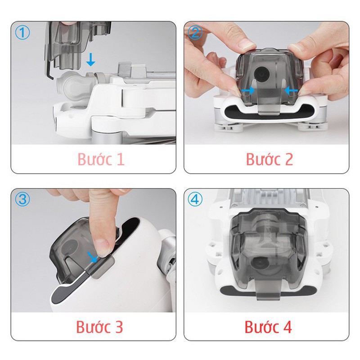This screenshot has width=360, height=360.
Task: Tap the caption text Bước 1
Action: tap(100, 159)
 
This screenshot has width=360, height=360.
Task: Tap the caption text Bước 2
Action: tap(269, 159)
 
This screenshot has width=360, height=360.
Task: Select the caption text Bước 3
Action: tap(100, 327)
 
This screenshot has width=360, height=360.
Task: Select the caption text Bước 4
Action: tap(269, 327)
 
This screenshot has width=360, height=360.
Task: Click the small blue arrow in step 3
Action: tap(94, 257)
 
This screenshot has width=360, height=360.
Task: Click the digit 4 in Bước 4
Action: tap(287, 327)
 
